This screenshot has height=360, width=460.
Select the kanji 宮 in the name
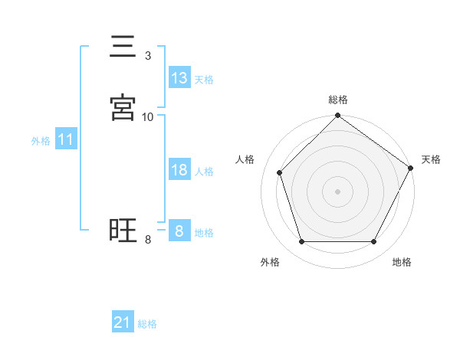pos(123,108)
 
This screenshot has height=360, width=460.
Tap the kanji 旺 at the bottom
pos(123,231)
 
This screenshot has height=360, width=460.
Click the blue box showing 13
pos(179,78)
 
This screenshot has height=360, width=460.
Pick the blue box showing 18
pos(179,170)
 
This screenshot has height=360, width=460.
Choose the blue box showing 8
pos(179,231)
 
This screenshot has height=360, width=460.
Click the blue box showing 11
pos(66,140)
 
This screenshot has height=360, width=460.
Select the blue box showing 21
pos(123,322)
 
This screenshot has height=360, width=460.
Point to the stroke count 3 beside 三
pos(148,56)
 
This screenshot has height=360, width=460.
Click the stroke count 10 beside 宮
pos(148,117)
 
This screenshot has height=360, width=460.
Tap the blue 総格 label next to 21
pos(147,324)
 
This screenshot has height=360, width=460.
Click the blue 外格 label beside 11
pos(41,141)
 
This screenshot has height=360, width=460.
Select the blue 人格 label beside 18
pos(204,172)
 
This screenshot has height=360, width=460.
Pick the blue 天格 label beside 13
pos(204,80)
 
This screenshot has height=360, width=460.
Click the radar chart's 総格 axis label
pos(338,100)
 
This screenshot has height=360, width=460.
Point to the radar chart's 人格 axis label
pos(245,159)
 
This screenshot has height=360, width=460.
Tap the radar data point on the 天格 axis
pos(411,168)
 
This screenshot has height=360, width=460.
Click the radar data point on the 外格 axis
pos(301,242)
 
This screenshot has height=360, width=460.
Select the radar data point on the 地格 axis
pos(374,242)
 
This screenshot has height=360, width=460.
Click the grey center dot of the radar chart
pos(337,191)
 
